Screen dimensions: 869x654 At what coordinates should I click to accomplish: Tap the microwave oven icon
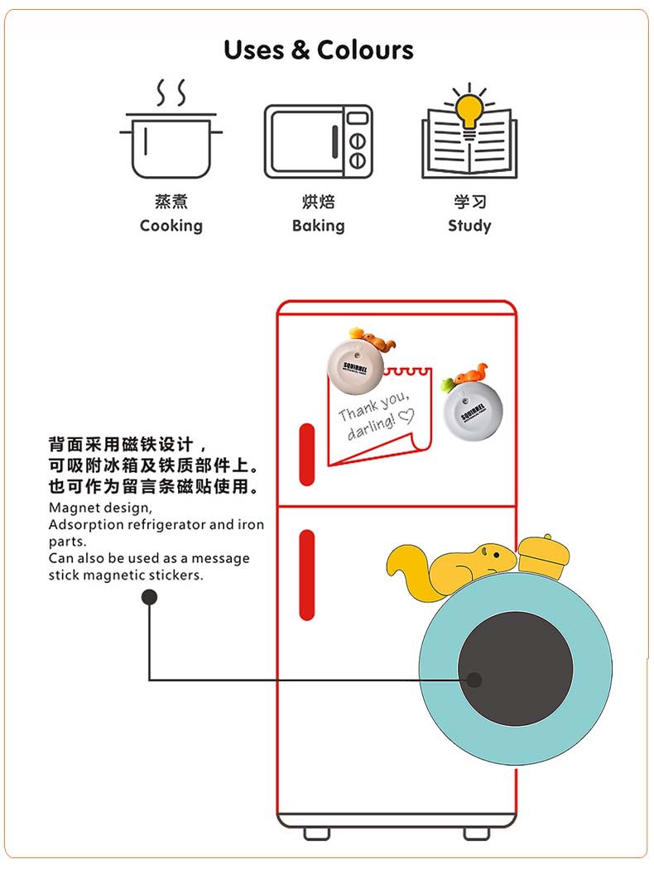point(318,141)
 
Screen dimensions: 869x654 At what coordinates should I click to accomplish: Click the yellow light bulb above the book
point(469,107)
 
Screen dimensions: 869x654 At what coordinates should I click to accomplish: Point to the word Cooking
point(171,226)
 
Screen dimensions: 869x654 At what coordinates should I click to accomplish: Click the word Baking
point(318,226)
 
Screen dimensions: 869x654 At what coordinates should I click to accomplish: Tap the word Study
point(469,226)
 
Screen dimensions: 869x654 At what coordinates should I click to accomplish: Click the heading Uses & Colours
point(319,50)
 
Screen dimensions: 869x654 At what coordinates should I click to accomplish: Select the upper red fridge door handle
point(307,455)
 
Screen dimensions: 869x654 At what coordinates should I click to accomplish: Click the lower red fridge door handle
point(307,575)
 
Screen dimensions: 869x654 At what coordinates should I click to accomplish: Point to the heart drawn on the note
point(406,418)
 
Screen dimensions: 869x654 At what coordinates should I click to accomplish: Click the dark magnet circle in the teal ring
point(515,671)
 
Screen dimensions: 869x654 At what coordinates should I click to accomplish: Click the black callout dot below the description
point(149,597)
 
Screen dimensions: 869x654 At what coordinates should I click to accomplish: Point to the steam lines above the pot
point(171,93)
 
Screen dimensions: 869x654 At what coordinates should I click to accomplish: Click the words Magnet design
point(100,507)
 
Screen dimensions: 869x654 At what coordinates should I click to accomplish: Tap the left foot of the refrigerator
point(317,833)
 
